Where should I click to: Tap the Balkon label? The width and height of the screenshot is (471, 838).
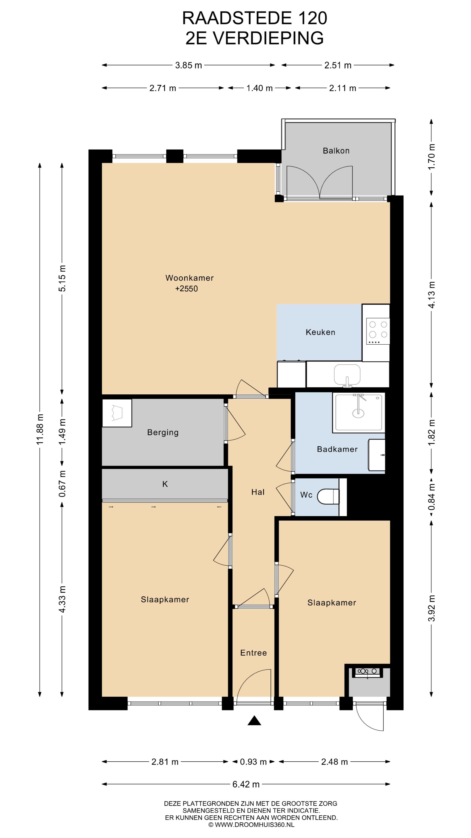pos(336,151)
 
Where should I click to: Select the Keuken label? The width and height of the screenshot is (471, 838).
pos(321,332)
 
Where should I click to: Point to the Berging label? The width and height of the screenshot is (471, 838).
pos(163,432)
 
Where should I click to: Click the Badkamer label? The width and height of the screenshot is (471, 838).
pos(337,449)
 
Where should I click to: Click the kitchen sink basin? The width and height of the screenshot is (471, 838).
pos(347,374)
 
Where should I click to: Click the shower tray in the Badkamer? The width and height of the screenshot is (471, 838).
pos(358,412)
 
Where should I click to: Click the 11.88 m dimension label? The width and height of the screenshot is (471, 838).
pos(40,429)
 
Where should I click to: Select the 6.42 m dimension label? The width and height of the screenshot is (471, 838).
pos(246,784)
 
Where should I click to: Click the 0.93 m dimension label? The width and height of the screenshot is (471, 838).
pos(253,762)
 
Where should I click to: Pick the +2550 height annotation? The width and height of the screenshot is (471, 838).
pos(187,288)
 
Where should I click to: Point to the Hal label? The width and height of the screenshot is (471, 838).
pos(258,492)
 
